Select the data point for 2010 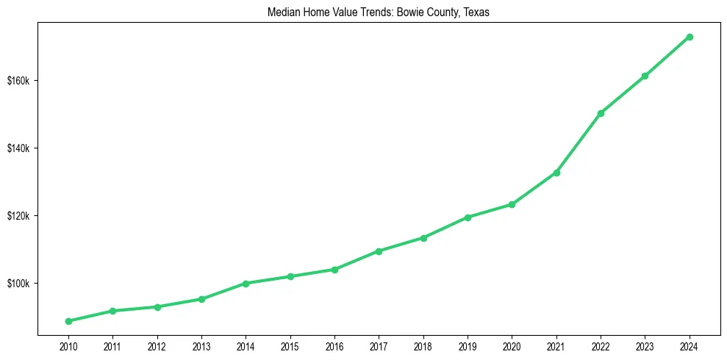click(x=68, y=321)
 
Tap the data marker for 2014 click(x=246, y=283)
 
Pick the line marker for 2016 click(x=334, y=270)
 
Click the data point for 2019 click(x=468, y=217)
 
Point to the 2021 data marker click(x=556, y=173)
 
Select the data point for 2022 click(x=601, y=113)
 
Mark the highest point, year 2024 click(x=690, y=37)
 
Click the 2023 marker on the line click(x=645, y=76)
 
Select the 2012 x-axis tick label click(x=157, y=345)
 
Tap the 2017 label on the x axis click(x=379, y=345)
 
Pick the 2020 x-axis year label click(x=512, y=345)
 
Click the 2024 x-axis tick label click(x=690, y=345)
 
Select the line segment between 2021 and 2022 click(x=579, y=143)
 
